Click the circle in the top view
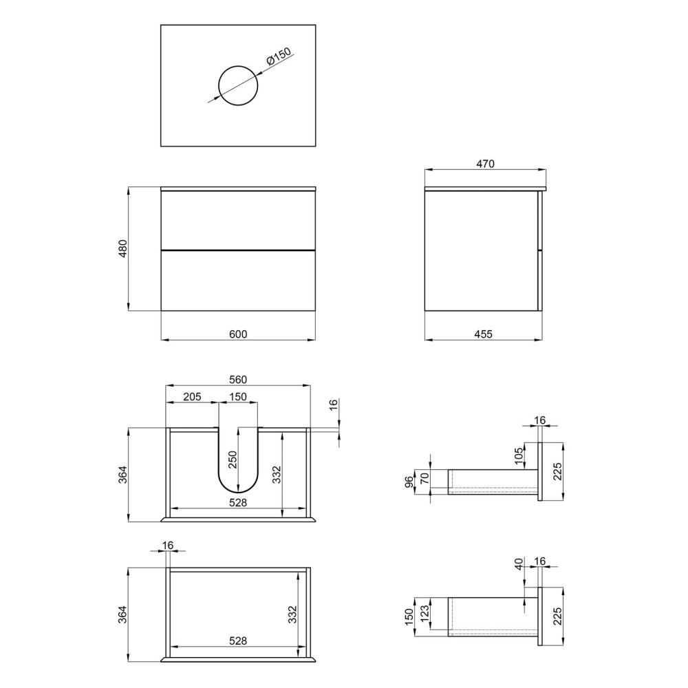coord(238,66)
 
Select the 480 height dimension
coord(123,248)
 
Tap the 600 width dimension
coord(238,334)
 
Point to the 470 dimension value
coord(485,164)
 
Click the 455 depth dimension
coord(484,334)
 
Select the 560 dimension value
coord(238,380)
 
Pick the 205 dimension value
coord(192,397)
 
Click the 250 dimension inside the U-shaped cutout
coord(233,460)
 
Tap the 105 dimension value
coord(519,456)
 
